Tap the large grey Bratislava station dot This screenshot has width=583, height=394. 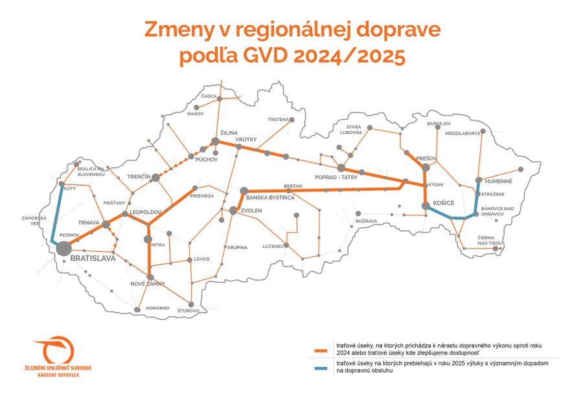coord(63,248)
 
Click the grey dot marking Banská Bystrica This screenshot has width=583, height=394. coord(244,191)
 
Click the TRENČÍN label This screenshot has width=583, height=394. coord(139,177)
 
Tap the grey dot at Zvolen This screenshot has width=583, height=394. coord(233,210)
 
